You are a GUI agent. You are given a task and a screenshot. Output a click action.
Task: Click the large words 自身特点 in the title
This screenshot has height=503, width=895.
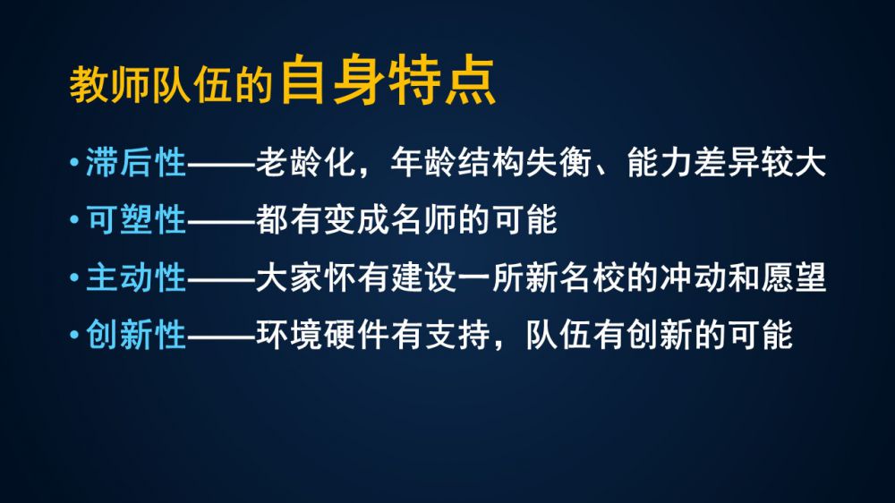tap(388, 80)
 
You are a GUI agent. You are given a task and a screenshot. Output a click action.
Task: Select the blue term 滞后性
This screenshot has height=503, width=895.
tap(136, 162)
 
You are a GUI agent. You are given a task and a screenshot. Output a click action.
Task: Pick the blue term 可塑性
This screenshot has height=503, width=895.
tap(136, 219)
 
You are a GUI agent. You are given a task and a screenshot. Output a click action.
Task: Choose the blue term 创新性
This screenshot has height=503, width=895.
tap(136, 334)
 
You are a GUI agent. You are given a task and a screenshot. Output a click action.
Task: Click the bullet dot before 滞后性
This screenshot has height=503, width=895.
tap(74, 163)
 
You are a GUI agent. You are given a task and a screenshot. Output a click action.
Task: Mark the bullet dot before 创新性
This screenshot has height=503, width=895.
tap(74, 335)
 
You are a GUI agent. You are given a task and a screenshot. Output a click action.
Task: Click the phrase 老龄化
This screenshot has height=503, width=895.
tap(306, 162)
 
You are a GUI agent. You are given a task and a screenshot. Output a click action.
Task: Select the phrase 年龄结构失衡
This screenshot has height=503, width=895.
tap(491, 162)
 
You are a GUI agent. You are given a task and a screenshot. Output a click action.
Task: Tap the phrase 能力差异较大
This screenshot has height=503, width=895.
tap(726, 162)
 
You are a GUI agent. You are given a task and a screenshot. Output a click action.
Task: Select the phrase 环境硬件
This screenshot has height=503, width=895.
tap(322, 334)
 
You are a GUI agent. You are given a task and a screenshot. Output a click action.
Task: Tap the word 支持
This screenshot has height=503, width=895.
tap(457, 334)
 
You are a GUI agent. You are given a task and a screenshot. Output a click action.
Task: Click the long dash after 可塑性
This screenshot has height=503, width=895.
tap(221, 220)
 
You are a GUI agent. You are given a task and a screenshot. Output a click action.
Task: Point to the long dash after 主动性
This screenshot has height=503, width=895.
tap(221, 278)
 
